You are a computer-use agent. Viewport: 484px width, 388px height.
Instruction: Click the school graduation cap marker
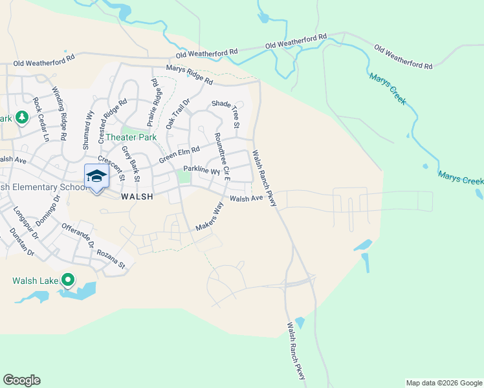pyautogui.click(x=96, y=176)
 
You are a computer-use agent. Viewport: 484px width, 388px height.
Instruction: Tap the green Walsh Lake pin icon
pyautogui.click(x=67, y=281)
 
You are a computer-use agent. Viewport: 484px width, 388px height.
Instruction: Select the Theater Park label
pyautogui.click(x=131, y=137)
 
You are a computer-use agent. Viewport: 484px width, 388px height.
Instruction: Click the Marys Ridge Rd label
pyautogui.click(x=189, y=75)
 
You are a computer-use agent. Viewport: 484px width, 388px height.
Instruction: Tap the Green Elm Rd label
pyautogui.click(x=179, y=153)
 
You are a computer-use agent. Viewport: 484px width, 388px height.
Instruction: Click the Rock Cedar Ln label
pyautogui.click(x=41, y=120)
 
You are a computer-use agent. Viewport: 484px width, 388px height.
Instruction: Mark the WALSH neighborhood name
pyautogui.click(x=137, y=198)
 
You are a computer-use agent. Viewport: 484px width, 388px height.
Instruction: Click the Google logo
pyautogui.click(x=21, y=380)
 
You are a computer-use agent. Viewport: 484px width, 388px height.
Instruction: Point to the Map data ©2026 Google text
pyautogui.click(x=443, y=383)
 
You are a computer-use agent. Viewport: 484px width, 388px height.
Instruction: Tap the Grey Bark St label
pyautogui.click(x=131, y=164)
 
